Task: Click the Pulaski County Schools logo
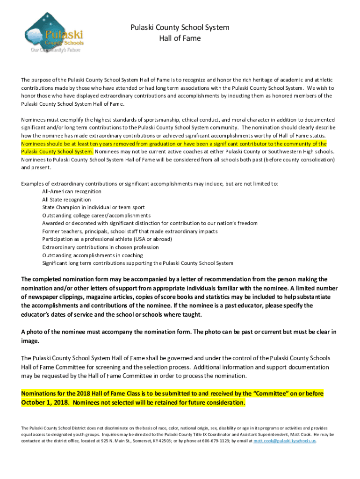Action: point(54,32)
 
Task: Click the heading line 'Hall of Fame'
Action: point(180,38)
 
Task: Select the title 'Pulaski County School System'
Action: point(180,28)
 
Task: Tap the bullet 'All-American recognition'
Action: point(72,191)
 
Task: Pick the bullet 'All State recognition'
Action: point(66,199)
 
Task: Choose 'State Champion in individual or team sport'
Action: point(94,207)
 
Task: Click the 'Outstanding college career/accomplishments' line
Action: point(96,215)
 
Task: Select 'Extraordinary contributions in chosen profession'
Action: point(101,247)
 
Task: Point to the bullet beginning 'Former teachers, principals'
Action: point(130,231)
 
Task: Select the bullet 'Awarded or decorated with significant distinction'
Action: point(150,223)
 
